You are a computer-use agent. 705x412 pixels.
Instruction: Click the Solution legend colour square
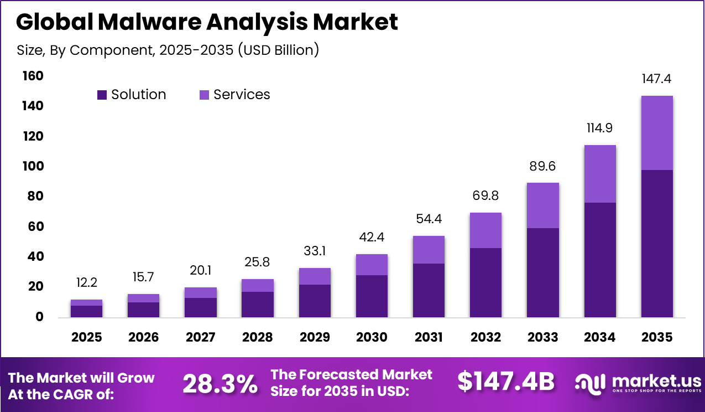click(102, 95)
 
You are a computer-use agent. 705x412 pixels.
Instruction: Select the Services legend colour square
click(204, 95)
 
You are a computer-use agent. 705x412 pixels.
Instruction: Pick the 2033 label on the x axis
click(542, 337)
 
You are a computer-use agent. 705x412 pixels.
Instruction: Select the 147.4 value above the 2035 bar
click(656, 79)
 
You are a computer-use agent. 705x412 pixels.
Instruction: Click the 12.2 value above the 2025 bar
click(86, 282)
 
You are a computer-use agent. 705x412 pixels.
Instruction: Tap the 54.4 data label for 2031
click(429, 219)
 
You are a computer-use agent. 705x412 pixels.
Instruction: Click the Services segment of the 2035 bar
click(656, 133)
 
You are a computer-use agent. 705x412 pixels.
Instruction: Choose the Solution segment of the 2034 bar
click(599, 260)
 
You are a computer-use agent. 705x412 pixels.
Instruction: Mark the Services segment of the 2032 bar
click(485, 230)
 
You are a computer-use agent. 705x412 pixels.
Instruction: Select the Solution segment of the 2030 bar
click(372, 296)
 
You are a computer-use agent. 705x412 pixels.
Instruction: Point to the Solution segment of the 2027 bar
click(200, 307)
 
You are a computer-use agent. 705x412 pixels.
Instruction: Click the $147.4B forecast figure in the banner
click(505, 382)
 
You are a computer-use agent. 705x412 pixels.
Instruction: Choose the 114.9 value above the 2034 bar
click(599, 128)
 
